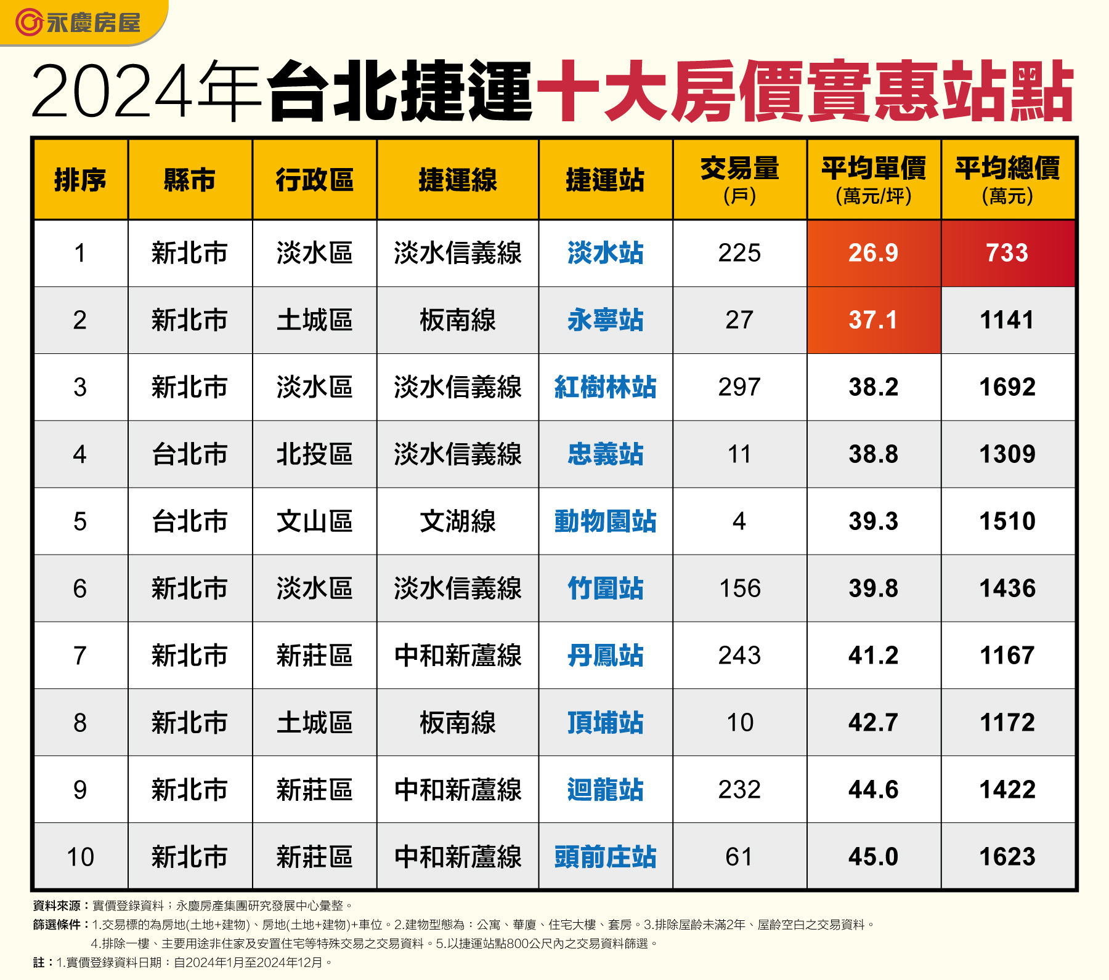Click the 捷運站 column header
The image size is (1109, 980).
pos(605,180)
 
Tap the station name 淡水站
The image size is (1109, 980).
pos(605,253)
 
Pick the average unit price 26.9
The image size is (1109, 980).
pos(874,253)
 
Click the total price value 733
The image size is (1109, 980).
pos(1007,253)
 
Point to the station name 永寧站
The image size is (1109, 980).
pos(605,320)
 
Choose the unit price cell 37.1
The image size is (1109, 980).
pos(874,320)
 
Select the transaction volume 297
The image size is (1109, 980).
pos(739,387)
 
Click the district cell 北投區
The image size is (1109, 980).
pos(314,454)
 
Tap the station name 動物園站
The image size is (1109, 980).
pos(605,521)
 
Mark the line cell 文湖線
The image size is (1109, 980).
pos(458,521)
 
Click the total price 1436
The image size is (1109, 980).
pos(1007,588)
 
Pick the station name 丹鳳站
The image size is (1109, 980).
pos(605,656)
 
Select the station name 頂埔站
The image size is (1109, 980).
pos(605,723)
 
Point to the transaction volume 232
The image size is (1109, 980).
pos(739,790)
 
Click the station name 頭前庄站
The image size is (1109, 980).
pos(605,857)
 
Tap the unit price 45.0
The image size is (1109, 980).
pos(874,857)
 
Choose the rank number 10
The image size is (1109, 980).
pos(80,857)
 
